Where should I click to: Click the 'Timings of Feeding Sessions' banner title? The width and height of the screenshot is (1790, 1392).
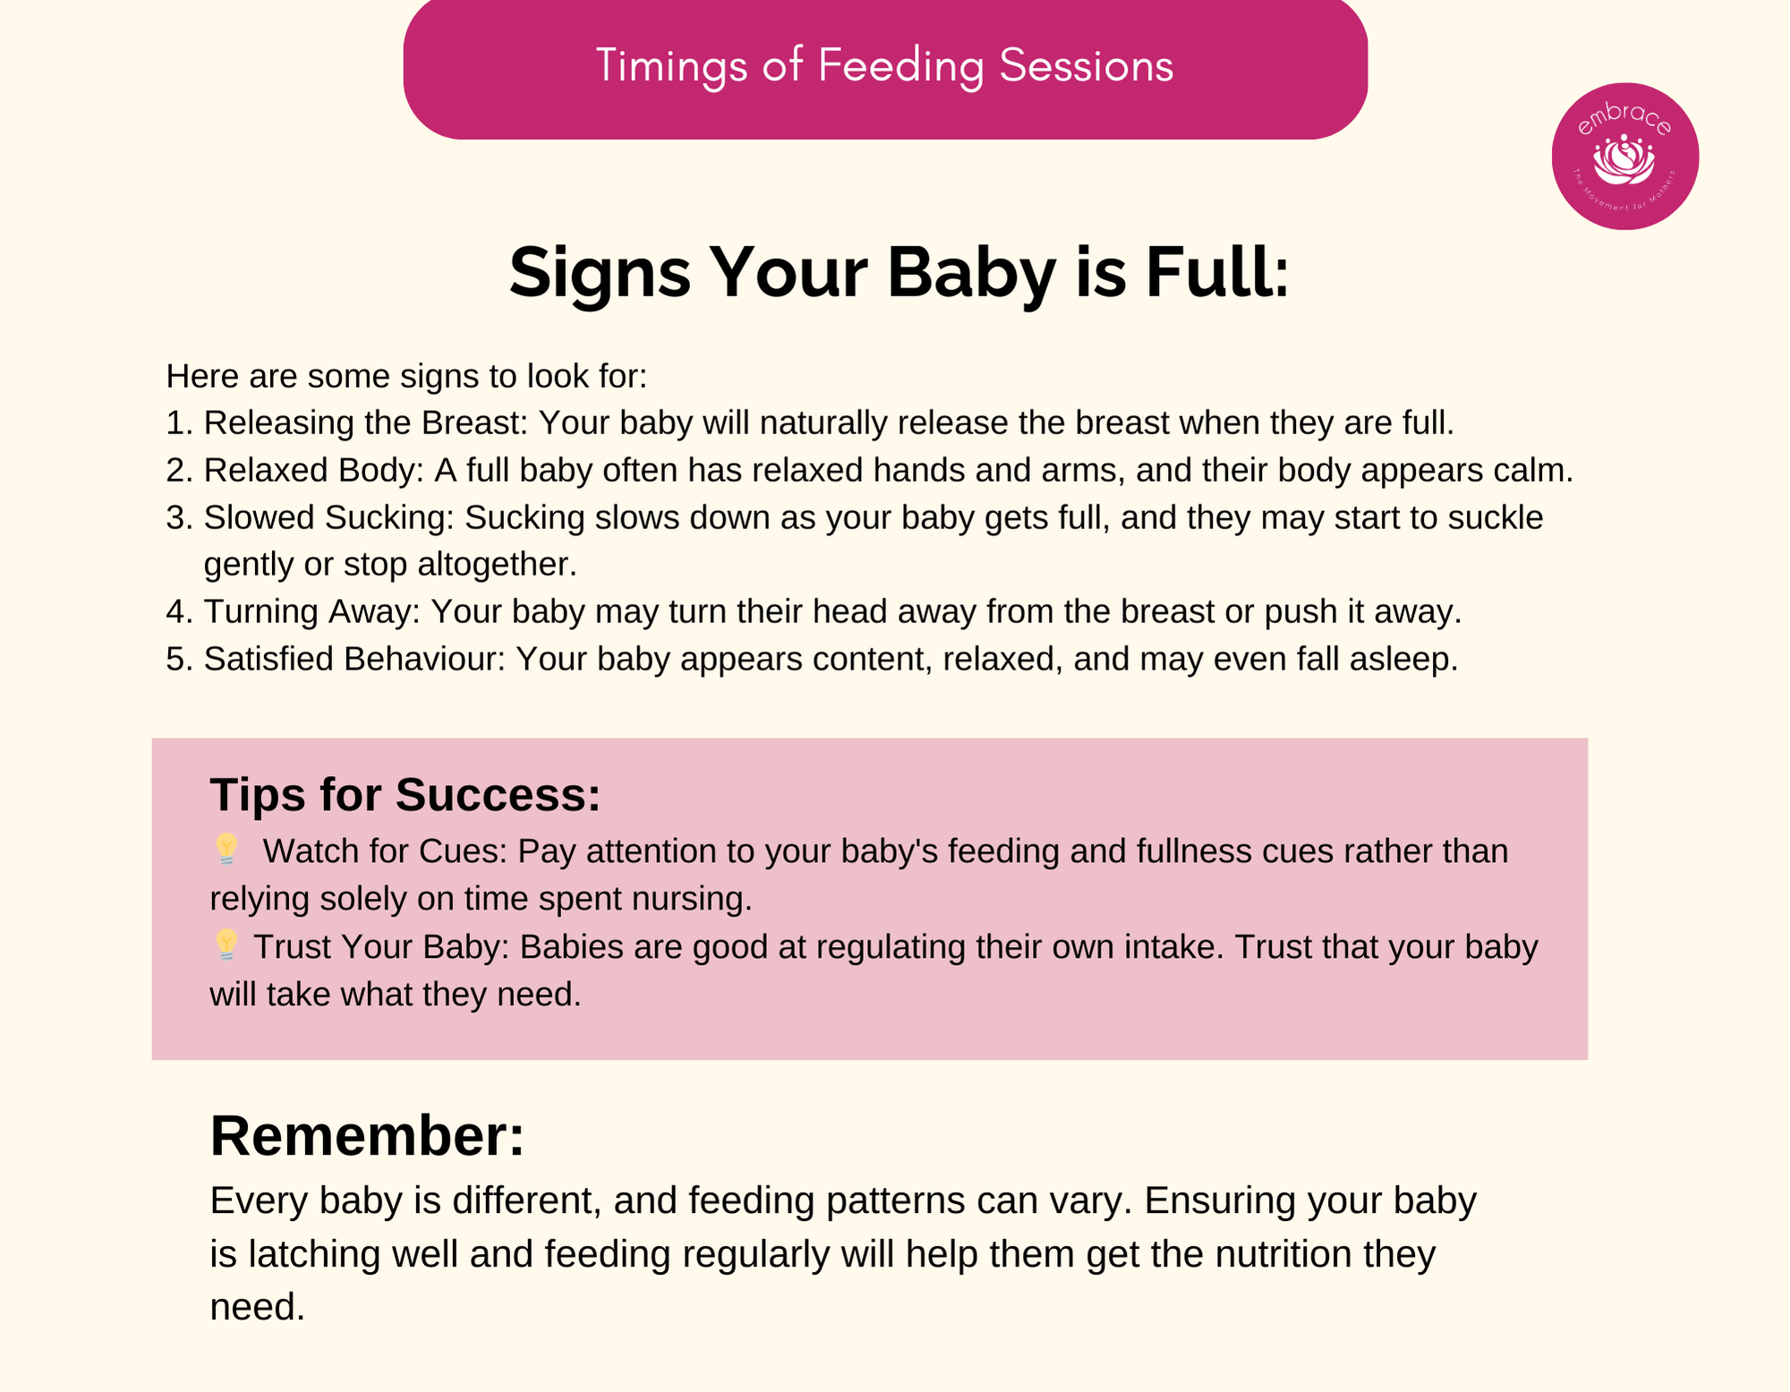(x=884, y=66)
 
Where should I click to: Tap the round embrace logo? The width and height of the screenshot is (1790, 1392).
(x=1625, y=157)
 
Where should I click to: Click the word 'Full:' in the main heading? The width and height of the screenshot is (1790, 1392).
(x=1217, y=272)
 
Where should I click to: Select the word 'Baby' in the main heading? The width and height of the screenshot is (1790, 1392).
(x=971, y=274)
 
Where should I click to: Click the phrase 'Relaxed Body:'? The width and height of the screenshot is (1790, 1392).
(x=313, y=471)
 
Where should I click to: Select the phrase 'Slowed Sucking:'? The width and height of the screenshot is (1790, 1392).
(x=329, y=518)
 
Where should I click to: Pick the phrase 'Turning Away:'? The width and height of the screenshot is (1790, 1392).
(x=311, y=612)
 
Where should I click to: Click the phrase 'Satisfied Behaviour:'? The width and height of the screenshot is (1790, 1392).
(x=354, y=660)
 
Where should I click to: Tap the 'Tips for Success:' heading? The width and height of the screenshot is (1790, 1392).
(x=405, y=795)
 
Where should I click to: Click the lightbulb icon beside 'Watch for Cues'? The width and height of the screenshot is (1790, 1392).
(x=226, y=850)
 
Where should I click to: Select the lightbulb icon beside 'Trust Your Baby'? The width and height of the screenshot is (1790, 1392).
(x=226, y=945)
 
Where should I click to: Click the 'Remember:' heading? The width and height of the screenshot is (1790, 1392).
(x=367, y=1136)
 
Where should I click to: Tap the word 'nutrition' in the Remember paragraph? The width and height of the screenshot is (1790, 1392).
(x=1283, y=1254)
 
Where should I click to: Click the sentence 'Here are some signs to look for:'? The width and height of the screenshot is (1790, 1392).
(x=406, y=377)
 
